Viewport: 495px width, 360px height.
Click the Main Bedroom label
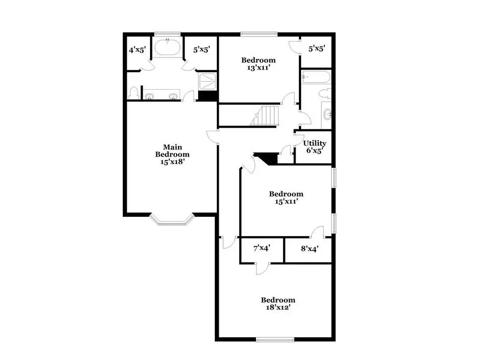[173, 151]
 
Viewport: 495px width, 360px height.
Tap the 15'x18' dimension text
[173, 161]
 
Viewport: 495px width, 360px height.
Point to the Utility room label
[315, 144]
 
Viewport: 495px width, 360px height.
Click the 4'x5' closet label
[137, 50]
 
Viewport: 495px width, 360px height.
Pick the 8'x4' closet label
[309, 249]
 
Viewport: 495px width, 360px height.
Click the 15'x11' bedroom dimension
[286, 202]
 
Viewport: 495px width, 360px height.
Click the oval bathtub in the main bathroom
[167, 47]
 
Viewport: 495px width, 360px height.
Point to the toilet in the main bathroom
[133, 93]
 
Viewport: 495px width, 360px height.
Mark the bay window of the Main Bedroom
[171, 219]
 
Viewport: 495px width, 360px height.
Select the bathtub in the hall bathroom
[315, 77]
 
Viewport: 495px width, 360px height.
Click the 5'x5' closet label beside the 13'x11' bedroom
[317, 49]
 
